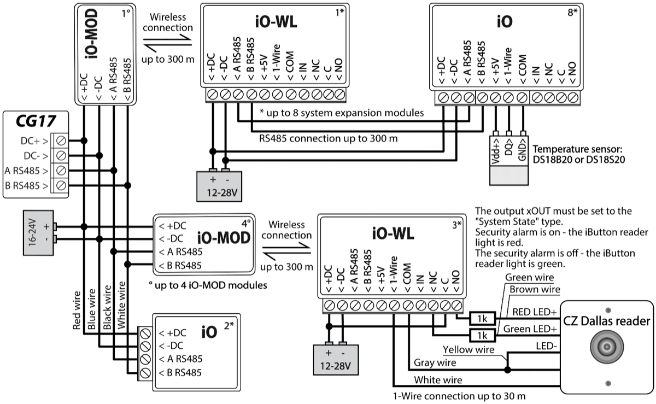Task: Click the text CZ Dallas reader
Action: click(x=606, y=321)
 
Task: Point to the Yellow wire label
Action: click(x=468, y=349)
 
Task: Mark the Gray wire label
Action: click(x=435, y=362)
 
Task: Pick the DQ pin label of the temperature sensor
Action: click(x=509, y=147)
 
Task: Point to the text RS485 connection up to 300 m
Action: click(x=329, y=138)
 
